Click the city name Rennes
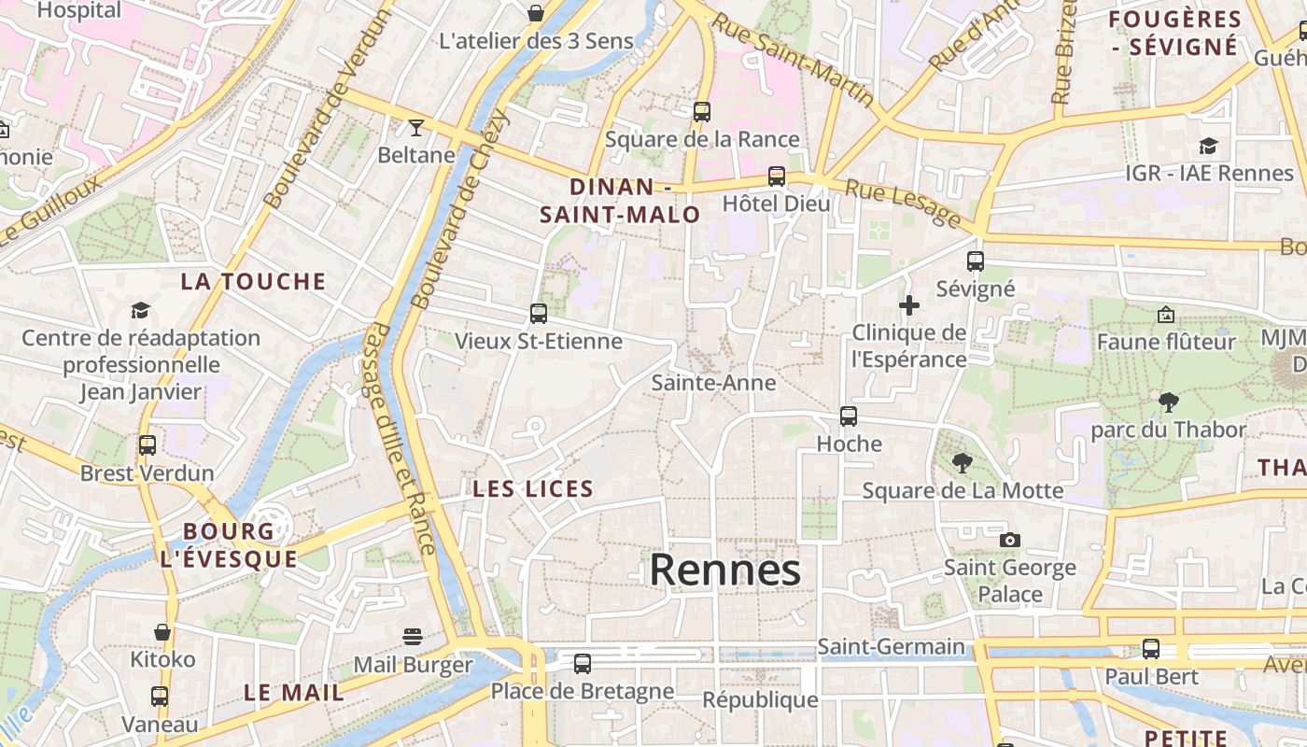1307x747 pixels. pos(725,570)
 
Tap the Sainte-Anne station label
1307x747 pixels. pos(713,383)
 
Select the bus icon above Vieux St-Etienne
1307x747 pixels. pos(539,314)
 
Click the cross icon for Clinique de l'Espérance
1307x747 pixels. pos(908,305)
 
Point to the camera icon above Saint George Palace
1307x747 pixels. pos(1009,540)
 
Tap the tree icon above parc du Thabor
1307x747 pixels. pos(1168,402)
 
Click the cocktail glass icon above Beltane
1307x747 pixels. pos(416,127)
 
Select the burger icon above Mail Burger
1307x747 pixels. pos(413,637)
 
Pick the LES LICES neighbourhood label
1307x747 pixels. pos(533,488)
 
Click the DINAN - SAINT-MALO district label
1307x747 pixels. pos(621,201)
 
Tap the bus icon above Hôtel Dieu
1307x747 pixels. pos(776,176)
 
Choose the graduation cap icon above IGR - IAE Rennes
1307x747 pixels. pos(1208,146)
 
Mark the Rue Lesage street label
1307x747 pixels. pos(903,204)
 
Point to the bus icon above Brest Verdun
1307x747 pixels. pos(148,445)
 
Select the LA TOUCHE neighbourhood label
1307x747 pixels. pos(253,281)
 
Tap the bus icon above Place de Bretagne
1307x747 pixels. pos(583,664)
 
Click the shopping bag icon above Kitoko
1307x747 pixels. pos(162,632)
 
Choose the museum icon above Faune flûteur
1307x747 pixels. pos(1165,315)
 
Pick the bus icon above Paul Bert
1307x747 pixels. pos(1151,649)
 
